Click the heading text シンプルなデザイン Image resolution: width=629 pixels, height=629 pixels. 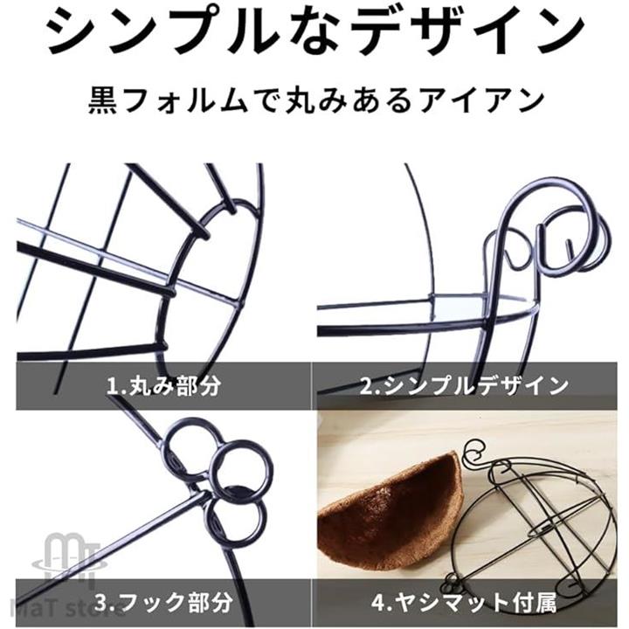click(x=315, y=32)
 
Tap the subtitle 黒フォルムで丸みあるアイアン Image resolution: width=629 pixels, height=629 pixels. click(x=316, y=100)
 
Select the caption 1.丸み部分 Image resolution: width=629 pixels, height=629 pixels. click(x=163, y=386)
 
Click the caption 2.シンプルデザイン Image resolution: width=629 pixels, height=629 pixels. click(x=464, y=386)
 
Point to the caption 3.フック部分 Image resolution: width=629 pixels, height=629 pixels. click(x=163, y=602)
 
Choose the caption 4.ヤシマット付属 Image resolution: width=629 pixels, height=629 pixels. click(x=464, y=602)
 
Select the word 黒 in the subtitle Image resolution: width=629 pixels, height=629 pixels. click(x=102, y=100)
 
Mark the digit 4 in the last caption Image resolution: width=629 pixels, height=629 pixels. click(x=378, y=602)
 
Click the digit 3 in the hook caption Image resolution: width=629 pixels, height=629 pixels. click(x=102, y=602)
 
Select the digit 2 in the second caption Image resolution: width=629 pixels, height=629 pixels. click(x=367, y=386)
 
